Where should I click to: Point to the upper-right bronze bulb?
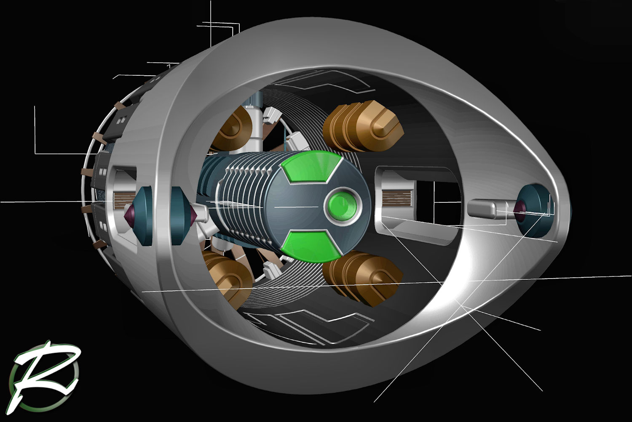[x=363, y=126]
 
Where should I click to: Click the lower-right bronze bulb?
[x=362, y=278]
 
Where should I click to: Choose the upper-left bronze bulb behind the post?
[x=231, y=129]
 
